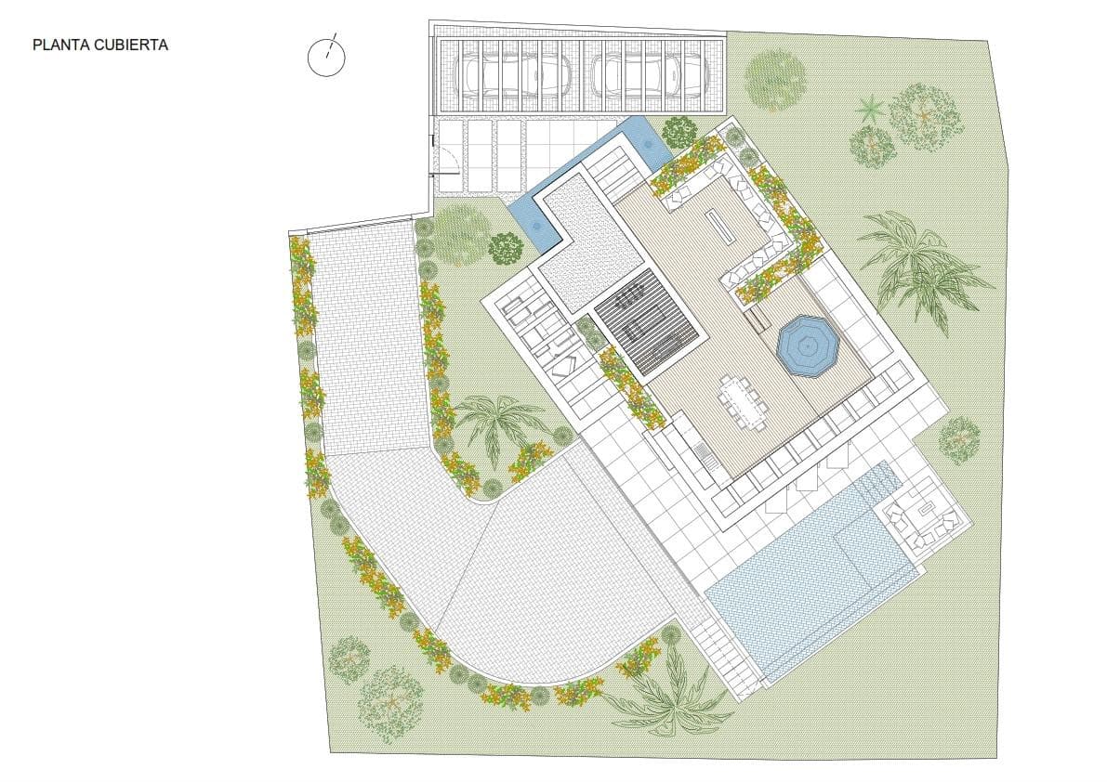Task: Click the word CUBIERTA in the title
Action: coord(130,45)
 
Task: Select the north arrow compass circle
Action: coord(326,57)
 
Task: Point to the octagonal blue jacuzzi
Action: coord(808,346)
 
